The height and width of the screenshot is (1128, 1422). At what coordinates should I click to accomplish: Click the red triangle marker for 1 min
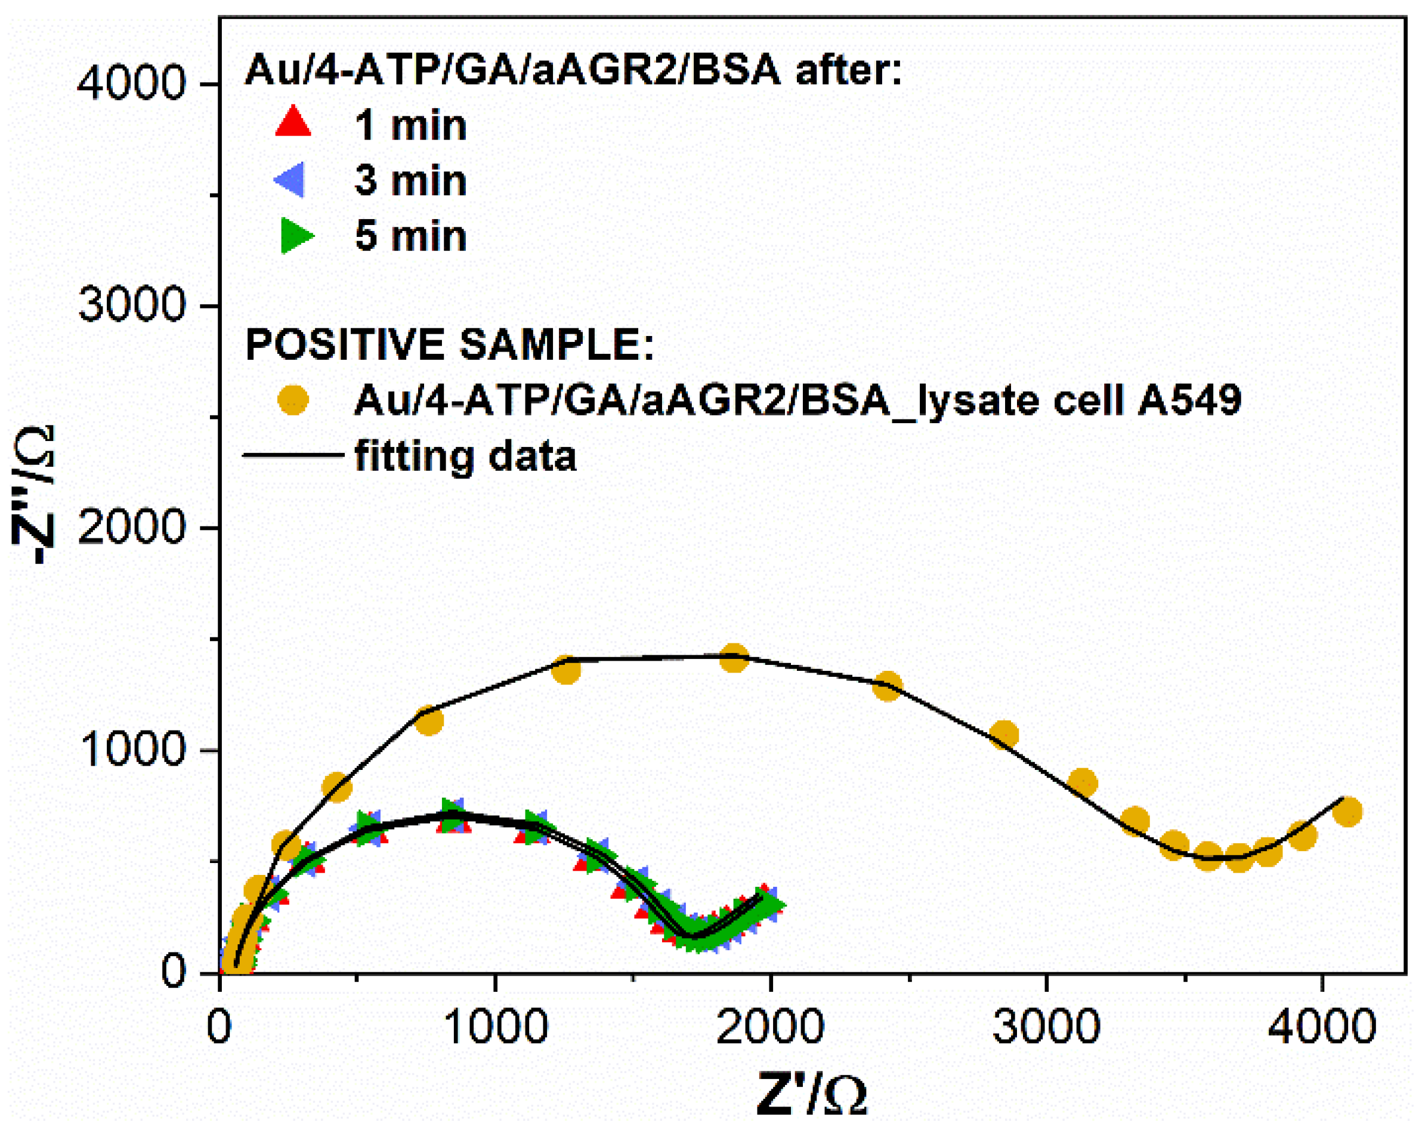coord(293,123)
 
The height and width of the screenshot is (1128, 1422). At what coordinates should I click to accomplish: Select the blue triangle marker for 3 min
coord(290,179)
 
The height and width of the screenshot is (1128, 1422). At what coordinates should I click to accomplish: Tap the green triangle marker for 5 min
coord(295,235)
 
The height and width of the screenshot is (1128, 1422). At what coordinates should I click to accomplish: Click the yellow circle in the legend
coord(293,400)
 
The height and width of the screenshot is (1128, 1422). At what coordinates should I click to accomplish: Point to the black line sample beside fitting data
coord(293,455)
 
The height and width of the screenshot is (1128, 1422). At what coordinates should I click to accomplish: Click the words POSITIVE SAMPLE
coord(449,344)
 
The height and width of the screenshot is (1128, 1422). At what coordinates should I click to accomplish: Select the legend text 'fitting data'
coord(465,456)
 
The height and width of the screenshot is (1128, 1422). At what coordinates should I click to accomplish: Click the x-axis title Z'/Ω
coord(811,1093)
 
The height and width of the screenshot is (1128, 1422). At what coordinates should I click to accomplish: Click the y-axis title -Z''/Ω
coord(33,495)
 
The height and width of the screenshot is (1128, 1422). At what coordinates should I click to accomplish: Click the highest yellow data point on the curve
coord(734,658)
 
